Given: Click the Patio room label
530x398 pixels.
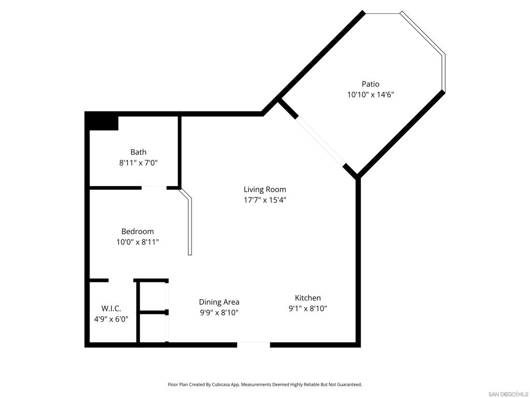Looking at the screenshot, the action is [371, 84].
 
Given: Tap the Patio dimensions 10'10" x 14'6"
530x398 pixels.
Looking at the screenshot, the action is [371, 94].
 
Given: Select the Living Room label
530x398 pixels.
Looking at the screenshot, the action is [264, 190].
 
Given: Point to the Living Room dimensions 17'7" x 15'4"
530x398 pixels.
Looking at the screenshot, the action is [264, 200].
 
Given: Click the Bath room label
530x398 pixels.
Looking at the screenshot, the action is [138, 152].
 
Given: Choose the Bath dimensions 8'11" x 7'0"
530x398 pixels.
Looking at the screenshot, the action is [138, 163].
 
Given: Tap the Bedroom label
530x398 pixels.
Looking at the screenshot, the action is [138, 232].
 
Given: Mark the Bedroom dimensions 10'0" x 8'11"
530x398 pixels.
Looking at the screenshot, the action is [138, 242].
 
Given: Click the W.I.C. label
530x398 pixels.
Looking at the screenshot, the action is [111, 309].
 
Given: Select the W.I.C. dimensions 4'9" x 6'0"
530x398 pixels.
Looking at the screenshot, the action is [111, 319].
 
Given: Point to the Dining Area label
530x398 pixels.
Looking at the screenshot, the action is [219, 302].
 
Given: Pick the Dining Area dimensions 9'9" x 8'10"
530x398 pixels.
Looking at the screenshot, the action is [219, 312].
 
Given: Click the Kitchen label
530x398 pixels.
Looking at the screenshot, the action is [307, 298].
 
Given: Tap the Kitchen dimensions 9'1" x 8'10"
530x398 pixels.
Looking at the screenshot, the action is [307, 309].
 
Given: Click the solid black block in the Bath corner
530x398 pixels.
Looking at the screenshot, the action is [101, 121].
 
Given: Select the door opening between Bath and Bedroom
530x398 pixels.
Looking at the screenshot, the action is [154, 188].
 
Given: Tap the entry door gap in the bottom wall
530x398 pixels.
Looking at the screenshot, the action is [254, 345].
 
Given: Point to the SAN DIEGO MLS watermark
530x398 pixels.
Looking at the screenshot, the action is [508, 394].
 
